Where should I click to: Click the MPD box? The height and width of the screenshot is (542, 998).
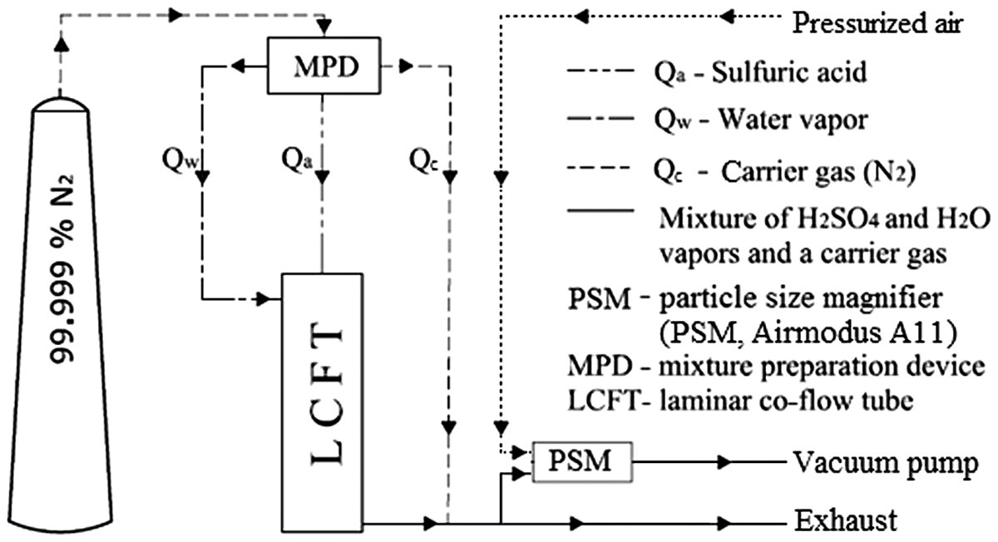[x=324, y=66]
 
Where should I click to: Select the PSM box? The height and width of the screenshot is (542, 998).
[x=582, y=462]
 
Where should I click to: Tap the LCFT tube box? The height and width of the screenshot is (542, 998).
[x=322, y=402]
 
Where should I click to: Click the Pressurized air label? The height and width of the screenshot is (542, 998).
[x=877, y=23]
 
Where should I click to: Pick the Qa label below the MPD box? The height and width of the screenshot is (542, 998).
[x=297, y=160]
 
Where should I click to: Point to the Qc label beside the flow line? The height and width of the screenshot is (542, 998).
[x=423, y=160]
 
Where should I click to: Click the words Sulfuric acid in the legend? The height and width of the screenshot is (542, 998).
[x=789, y=71]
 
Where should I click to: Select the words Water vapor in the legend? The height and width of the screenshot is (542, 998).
[x=793, y=120]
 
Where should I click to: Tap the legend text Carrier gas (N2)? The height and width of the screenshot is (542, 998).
[x=818, y=172]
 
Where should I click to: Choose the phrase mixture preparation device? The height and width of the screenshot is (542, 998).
[x=821, y=367]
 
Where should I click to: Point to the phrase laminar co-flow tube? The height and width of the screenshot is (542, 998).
[x=787, y=401]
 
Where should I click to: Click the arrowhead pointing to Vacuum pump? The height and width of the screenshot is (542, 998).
[x=724, y=462]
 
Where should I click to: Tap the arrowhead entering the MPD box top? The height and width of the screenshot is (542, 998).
[x=324, y=27]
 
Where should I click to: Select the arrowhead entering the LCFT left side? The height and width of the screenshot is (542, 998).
[x=264, y=298]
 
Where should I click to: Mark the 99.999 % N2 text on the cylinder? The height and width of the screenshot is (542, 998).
[x=62, y=270]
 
